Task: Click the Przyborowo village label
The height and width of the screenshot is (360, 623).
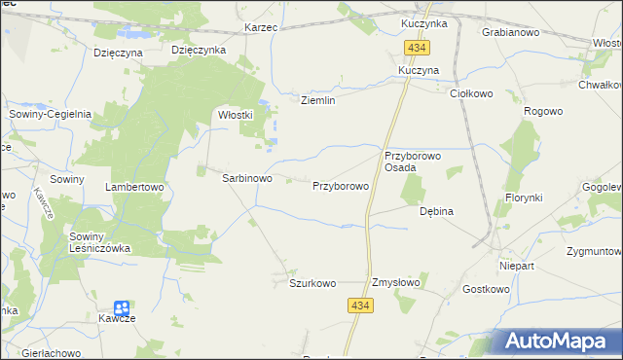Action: [340, 185]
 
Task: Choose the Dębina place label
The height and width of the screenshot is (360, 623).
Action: [437, 210]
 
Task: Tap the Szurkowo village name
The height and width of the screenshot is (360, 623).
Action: [312, 283]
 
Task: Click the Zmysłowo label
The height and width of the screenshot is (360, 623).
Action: [395, 283]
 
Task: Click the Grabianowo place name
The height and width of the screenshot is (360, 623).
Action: [511, 31]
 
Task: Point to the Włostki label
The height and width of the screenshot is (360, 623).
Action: [236, 114]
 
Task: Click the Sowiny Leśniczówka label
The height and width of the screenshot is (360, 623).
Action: [98, 241]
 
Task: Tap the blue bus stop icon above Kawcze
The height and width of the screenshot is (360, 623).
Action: [121, 307]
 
